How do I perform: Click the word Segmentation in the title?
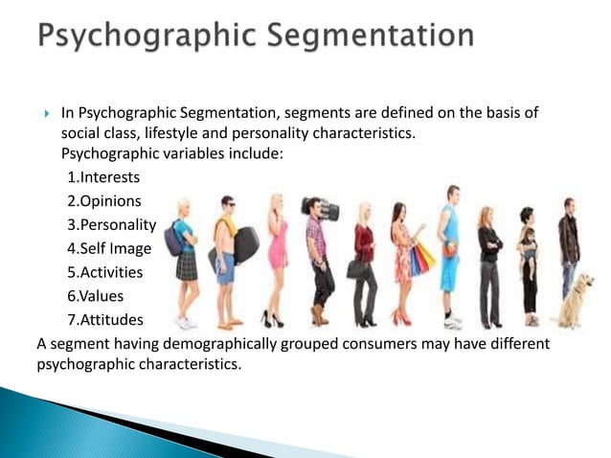365,38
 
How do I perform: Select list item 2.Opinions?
104,201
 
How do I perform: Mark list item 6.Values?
96,296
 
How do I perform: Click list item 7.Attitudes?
106,320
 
